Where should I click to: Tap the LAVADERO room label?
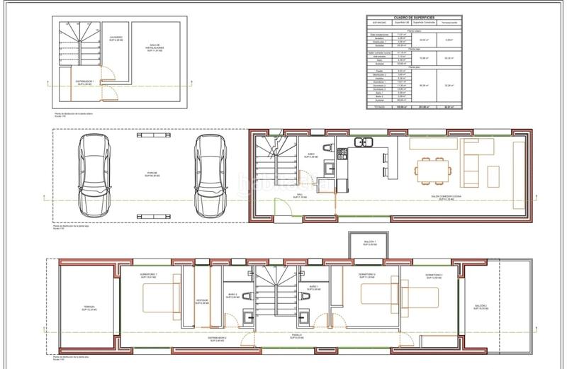(116, 38)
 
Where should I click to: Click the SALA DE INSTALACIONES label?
(156, 49)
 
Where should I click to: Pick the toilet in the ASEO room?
(326, 147)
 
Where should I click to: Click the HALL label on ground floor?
(301, 195)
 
